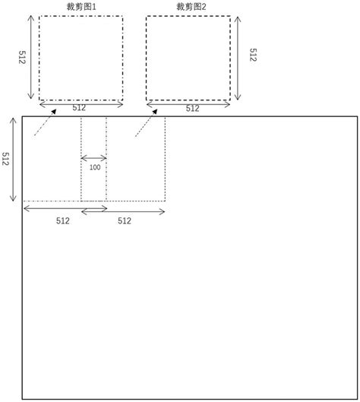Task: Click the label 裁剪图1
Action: [x=81, y=6]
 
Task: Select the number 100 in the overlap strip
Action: [x=94, y=167]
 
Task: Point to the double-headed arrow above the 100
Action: [x=94, y=158]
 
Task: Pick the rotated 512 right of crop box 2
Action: [x=252, y=58]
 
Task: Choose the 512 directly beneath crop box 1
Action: [x=79, y=108]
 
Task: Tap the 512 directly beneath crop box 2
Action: [x=192, y=109]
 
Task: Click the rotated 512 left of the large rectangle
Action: [x=5, y=159]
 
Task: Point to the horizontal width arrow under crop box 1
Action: [x=81, y=101]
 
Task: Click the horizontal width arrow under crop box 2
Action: [x=189, y=101]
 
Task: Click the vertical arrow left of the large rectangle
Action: [x=14, y=159]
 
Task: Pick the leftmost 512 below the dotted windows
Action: [x=62, y=221]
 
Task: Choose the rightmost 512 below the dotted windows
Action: [x=124, y=221]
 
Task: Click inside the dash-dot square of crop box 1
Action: [x=81, y=58]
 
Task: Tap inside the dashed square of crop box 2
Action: [x=189, y=58]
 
